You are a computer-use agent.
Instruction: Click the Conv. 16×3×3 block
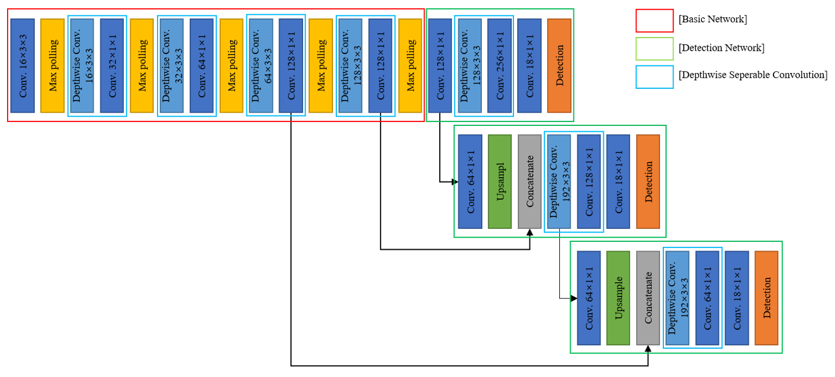pos(22,65)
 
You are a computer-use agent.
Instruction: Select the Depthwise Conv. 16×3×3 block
pos(82,65)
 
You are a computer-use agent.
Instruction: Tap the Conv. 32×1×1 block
pos(112,65)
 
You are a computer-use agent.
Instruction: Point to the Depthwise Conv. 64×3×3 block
pos(261,65)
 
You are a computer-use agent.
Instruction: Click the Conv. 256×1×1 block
pos(499,65)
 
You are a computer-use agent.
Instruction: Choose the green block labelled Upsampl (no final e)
pos(500,181)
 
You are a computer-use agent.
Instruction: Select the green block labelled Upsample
pos(618,297)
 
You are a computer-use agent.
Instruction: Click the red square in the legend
pos(654,20)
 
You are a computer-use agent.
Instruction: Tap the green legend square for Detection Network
pos(654,48)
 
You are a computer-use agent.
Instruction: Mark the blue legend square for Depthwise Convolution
pos(654,76)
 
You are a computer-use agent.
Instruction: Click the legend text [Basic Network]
pos(712,20)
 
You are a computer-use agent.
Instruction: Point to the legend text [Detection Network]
pos(721,48)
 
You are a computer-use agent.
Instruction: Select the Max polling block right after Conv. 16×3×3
pos(52,65)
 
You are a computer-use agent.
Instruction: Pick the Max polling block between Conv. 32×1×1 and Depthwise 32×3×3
pos(142,65)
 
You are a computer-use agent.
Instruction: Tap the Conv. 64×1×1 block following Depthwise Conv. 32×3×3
pos(202,65)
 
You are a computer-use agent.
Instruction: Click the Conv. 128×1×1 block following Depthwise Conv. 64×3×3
pos(291,65)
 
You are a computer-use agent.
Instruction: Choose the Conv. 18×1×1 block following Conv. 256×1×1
pos(529,65)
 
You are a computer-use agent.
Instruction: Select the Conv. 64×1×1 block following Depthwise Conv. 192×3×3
pos(707,297)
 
